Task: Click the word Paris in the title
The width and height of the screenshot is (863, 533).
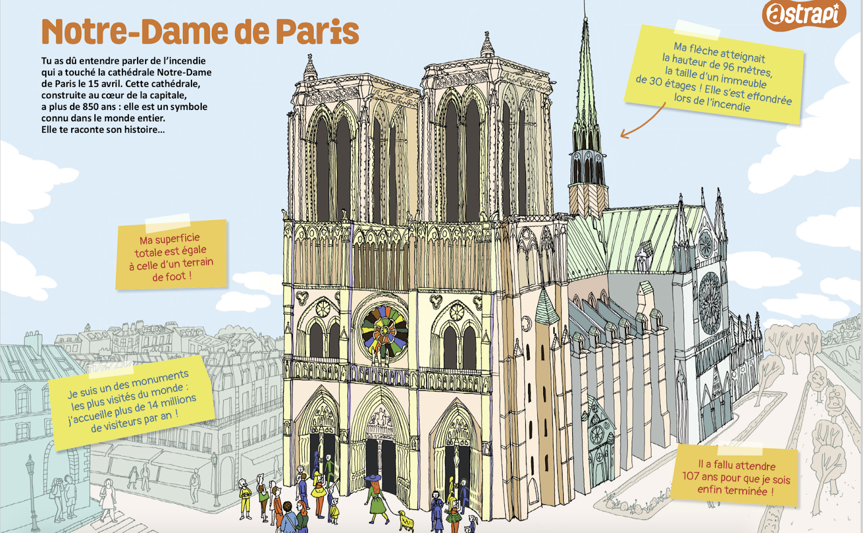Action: pos(318,32)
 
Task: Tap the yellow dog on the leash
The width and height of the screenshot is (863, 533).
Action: pos(406,520)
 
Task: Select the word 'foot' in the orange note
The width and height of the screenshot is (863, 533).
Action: pos(168,277)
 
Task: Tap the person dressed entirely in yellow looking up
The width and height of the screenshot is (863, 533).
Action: pos(245,499)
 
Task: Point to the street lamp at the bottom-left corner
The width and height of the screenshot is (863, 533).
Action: pos(31,486)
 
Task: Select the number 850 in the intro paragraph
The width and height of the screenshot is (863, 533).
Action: pos(90,107)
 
